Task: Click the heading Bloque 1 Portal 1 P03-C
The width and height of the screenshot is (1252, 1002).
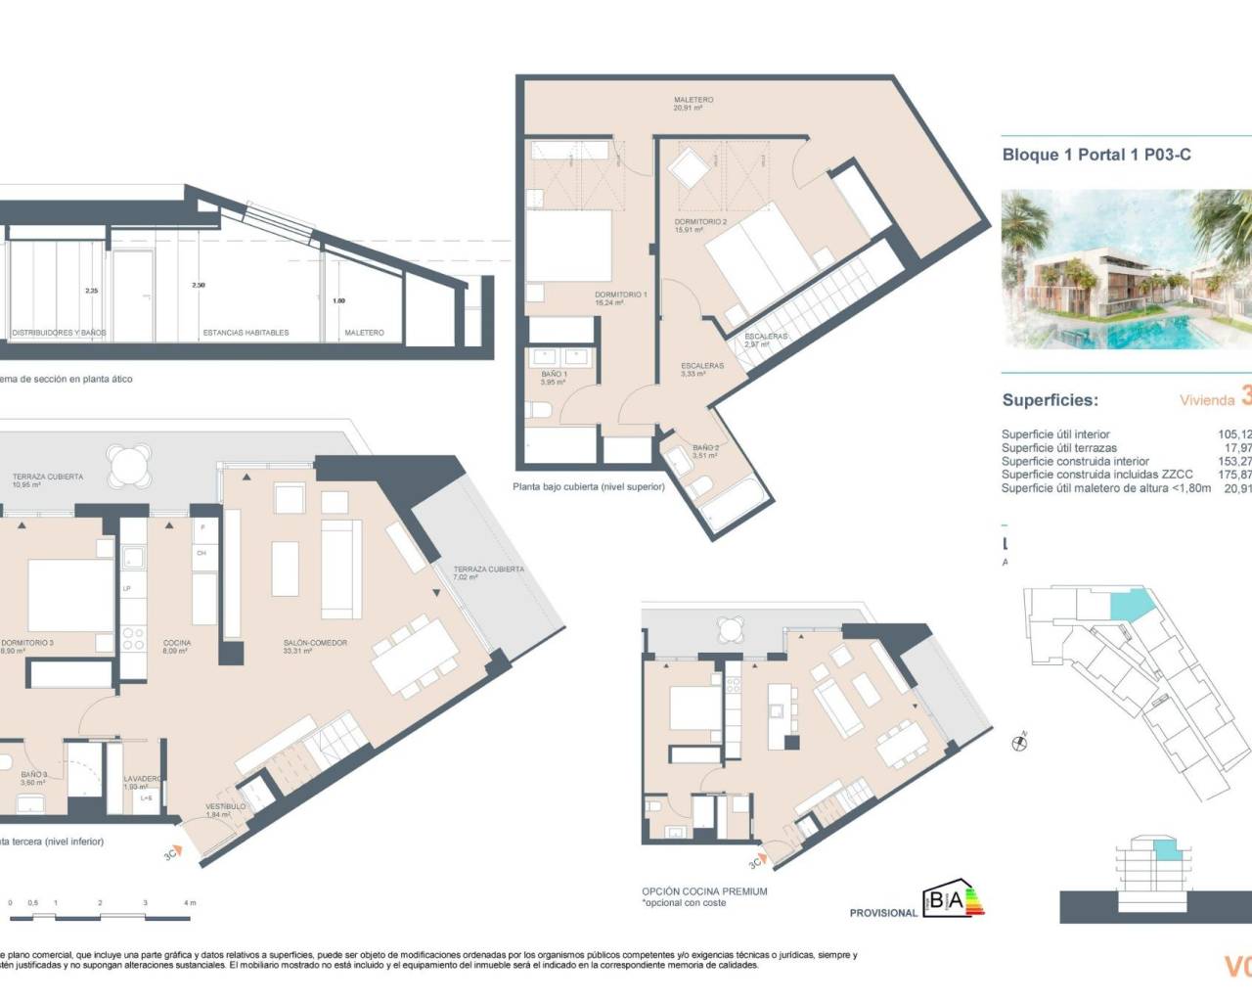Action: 1096,155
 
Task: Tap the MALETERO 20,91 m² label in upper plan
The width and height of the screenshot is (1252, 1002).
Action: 693,104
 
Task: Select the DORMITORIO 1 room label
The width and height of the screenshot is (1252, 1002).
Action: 620,298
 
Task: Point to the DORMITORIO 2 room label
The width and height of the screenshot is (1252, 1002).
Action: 700,225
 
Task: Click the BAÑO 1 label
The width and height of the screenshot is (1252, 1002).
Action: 554,378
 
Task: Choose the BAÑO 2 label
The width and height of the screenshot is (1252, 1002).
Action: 705,451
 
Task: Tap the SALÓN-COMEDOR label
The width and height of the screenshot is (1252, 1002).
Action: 315,647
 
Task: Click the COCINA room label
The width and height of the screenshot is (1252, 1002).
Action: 177,647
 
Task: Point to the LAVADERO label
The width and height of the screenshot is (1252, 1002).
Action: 142,782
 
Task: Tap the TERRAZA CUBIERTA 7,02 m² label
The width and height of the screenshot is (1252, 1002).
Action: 488,572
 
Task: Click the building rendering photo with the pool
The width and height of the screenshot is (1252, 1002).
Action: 1126,270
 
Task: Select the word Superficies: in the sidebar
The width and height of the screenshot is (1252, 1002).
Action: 1050,400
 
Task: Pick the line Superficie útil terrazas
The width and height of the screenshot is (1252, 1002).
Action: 1058,448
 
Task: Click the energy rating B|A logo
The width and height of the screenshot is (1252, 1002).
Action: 953,900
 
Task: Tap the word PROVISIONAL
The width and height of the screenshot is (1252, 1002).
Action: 883,913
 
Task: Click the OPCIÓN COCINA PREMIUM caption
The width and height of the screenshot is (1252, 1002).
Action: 704,891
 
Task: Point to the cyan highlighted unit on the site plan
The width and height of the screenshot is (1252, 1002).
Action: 1130,604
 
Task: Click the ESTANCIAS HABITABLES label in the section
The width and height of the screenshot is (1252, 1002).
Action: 246,333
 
